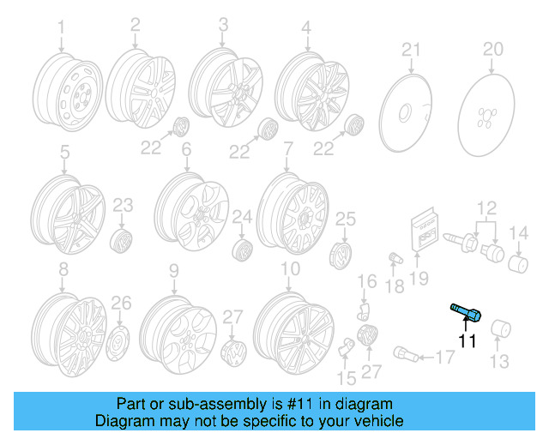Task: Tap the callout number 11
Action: click(467, 341)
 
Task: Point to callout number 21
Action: click(413, 49)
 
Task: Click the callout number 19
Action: click(418, 277)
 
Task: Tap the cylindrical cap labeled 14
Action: click(517, 262)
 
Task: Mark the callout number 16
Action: click(367, 280)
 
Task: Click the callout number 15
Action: click(347, 378)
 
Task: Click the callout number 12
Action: click(487, 207)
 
